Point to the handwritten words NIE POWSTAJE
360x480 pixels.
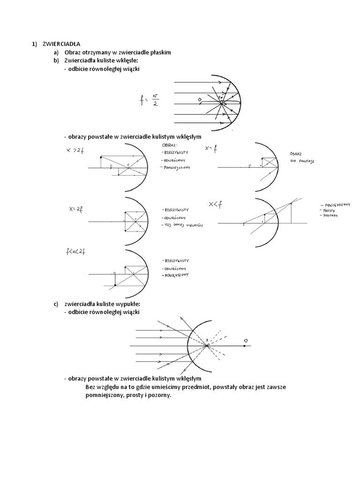[302, 160]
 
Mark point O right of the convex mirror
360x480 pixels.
[245, 345]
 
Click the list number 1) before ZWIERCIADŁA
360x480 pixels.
[34, 44]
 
